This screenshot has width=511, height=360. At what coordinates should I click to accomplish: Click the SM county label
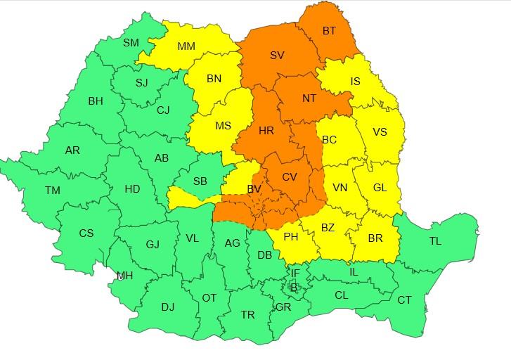click(131, 42)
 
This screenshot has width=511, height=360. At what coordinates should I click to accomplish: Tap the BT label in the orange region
click(329, 32)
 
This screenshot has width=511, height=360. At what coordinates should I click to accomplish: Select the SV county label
click(277, 54)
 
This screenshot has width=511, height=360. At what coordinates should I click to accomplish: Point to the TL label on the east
click(435, 241)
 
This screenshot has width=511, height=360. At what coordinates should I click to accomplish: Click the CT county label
click(405, 300)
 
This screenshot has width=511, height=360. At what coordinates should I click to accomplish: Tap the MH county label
click(125, 276)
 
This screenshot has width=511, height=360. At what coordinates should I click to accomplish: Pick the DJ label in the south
click(167, 307)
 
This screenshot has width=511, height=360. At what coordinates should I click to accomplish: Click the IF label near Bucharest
click(295, 272)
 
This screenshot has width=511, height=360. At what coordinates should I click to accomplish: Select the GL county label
click(380, 187)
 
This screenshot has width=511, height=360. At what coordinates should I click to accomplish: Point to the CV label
click(290, 177)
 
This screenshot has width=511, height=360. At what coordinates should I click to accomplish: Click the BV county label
click(254, 188)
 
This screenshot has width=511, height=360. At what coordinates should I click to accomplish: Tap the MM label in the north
click(186, 46)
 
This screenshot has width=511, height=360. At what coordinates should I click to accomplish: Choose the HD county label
click(132, 188)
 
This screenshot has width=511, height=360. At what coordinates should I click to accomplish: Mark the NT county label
click(309, 98)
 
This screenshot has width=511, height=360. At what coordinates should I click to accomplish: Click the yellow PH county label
click(290, 237)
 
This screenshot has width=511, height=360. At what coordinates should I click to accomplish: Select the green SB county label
click(200, 181)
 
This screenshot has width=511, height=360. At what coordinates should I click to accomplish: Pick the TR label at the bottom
click(247, 315)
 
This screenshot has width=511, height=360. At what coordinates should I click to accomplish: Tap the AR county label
click(72, 150)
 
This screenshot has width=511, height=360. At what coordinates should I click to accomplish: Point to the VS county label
click(380, 131)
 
